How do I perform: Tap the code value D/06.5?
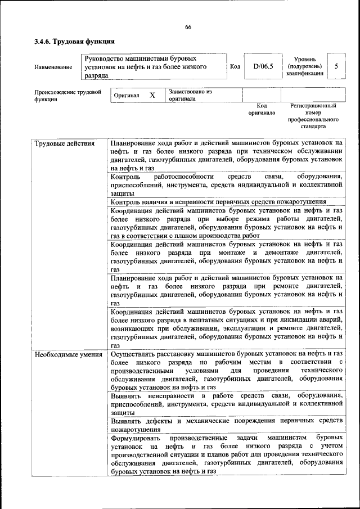pos(263,66)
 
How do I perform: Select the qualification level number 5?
pos(336,66)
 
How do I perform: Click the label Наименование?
pos(53,67)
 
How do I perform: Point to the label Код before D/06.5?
pos(235,66)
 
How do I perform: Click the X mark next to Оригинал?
pos(152,95)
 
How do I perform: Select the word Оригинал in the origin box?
pos(126,96)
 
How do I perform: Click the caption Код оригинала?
pos(262,109)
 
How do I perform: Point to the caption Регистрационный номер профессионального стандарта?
pos(313,116)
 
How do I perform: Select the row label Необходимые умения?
pos(68,354)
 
